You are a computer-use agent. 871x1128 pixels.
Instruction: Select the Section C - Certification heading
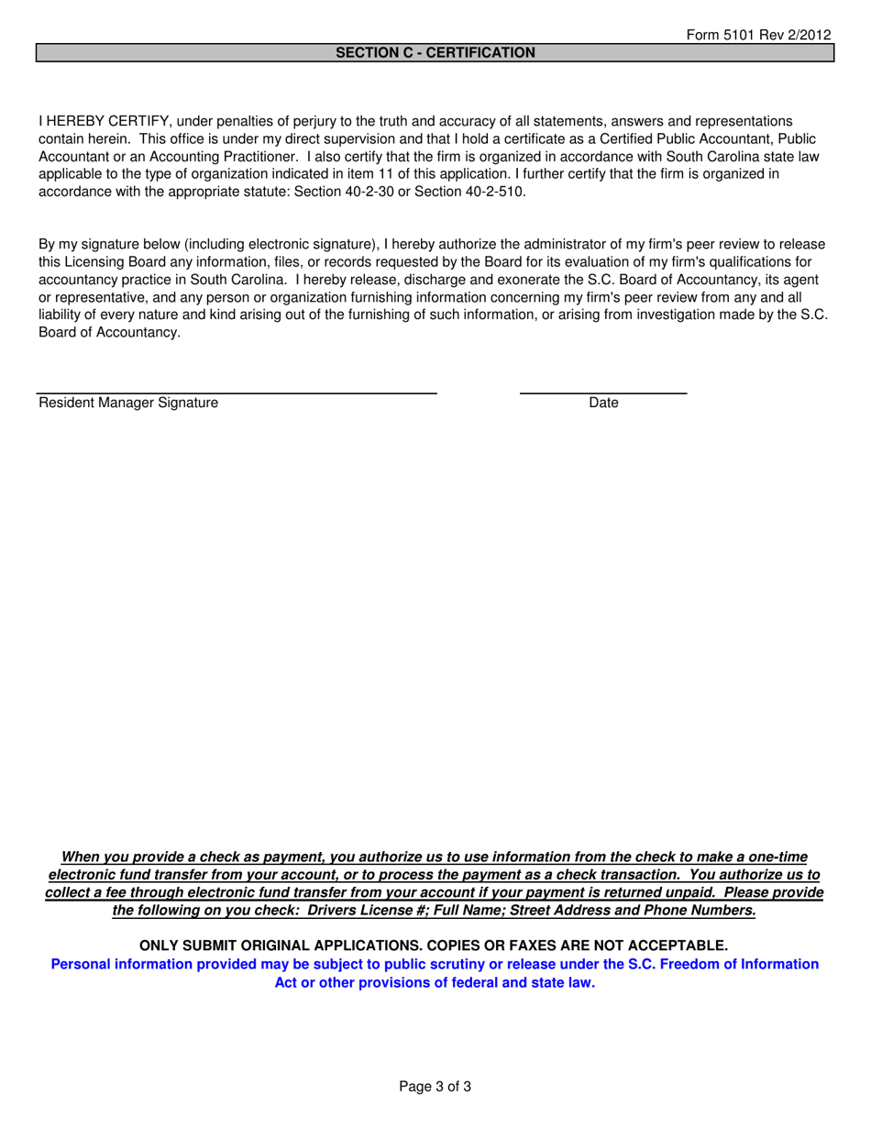click(x=435, y=53)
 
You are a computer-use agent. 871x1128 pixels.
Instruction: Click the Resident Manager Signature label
click(x=128, y=403)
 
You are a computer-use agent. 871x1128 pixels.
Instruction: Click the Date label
click(x=603, y=403)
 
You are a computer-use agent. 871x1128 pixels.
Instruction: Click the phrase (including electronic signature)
click(x=275, y=245)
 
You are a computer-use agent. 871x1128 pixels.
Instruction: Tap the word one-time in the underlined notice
click(x=776, y=857)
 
